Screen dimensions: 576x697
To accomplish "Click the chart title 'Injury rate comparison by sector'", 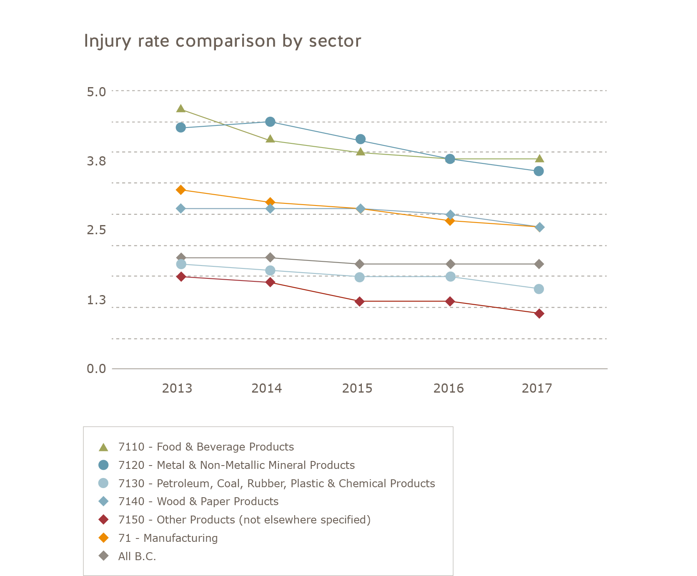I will [x=222, y=41].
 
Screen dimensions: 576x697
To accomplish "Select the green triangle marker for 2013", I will [x=181, y=109].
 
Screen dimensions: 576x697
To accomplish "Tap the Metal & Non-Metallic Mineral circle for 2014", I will [x=270, y=122].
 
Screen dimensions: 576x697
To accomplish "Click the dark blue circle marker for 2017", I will [x=539, y=171].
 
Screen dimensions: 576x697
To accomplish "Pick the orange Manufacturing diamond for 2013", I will [x=181, y=190].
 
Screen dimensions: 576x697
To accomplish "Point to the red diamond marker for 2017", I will [x=539, y=313].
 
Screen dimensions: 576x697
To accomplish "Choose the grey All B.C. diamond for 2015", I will [x=360, y=264].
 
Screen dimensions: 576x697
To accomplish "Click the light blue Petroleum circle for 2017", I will [x=539, y=289].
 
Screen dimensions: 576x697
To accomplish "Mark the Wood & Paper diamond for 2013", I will [x=181, y=208].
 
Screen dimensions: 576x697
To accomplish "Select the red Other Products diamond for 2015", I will [x=360, y=301].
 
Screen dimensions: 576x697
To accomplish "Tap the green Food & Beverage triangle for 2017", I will [x=539, y=158].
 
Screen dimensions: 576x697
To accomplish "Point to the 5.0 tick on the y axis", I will [x=96, y=91].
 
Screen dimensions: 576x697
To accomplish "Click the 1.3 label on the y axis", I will [x=96, y=300].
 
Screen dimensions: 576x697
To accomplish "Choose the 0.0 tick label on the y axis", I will [x=96, y=369].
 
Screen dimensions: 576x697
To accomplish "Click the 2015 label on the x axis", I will [x=357, y=388].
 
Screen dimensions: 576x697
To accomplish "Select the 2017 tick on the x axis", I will [x=537, y=388].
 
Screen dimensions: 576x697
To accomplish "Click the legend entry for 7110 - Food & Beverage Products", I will [x=206, y=447].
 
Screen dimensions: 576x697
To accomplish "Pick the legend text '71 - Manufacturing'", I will [x=168, y=538].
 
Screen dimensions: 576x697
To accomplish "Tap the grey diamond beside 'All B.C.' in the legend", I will [x=103, y=556].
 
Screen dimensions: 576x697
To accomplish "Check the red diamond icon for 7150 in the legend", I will [x=103, y=520].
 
